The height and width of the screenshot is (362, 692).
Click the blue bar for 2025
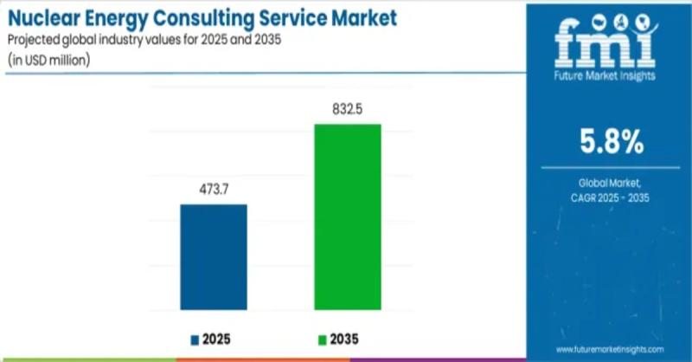coord(214,257)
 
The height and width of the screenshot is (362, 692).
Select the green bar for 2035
coord(347,217)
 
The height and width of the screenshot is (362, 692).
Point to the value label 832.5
coord(347,109)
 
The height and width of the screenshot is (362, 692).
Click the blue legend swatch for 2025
coord(195,337)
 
